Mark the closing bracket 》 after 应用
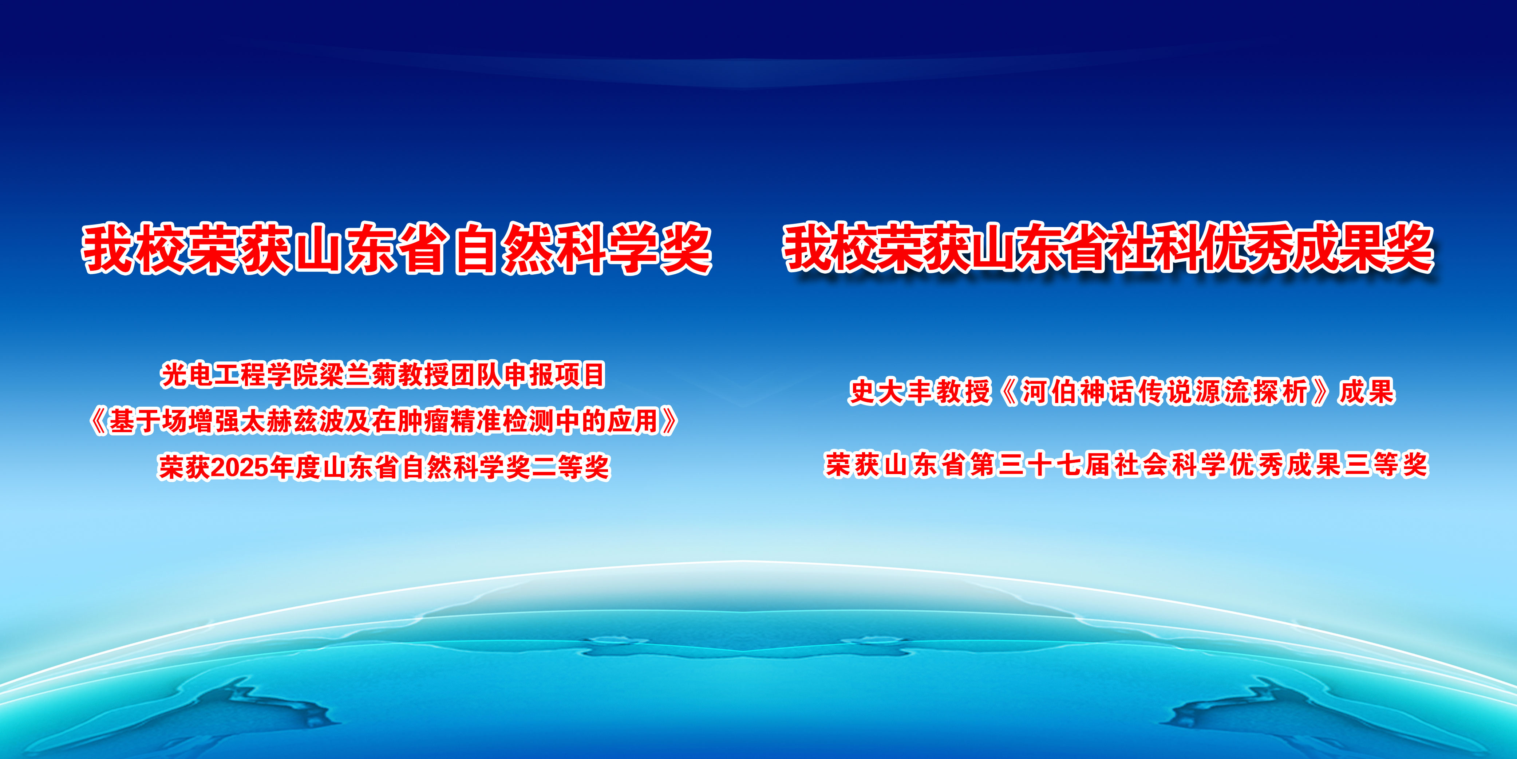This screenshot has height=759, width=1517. (x=669, y=421)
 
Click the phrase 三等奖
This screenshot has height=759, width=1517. (x=1387, y=465)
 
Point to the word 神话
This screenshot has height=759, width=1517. (x=1107, y=392)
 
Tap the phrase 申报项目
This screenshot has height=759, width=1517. (x=555, y=375)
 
